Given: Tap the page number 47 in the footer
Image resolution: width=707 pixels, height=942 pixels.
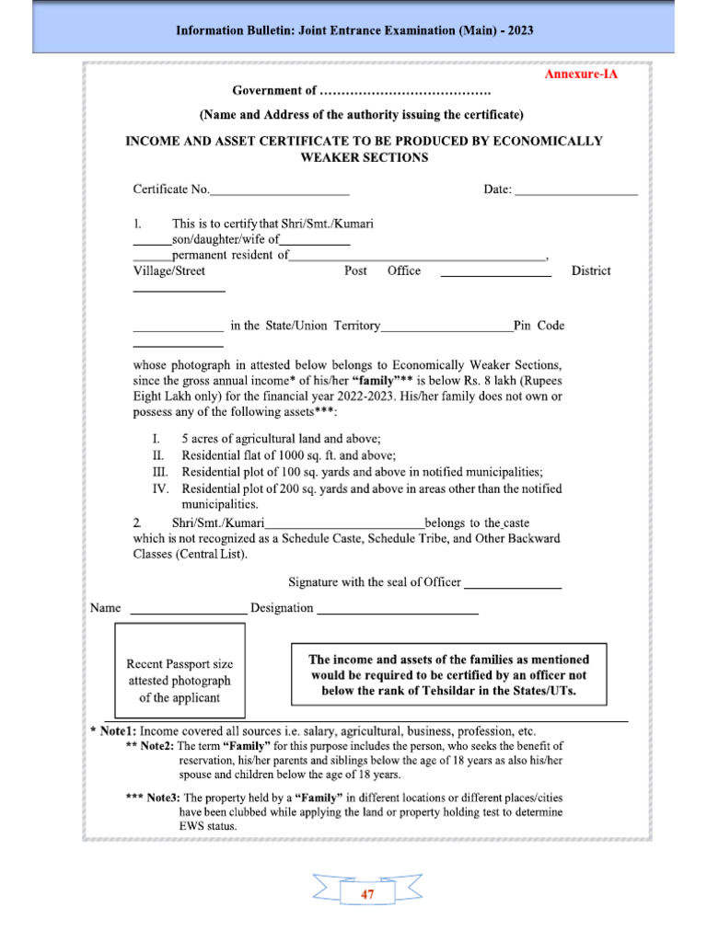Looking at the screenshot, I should tap(368, 894).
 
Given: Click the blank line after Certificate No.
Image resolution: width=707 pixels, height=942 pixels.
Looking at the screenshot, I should tap(280, 193).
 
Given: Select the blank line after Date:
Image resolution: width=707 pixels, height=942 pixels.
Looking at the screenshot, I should tap(575, 193).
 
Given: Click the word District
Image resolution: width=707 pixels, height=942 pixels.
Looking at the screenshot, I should tap(590, 270).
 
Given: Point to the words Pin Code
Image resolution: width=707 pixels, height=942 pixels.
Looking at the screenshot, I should tap(539, 326).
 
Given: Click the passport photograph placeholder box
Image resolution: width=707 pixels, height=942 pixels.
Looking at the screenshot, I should tap(180, 670).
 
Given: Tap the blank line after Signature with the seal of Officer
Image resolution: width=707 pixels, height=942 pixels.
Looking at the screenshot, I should tap(513, 586).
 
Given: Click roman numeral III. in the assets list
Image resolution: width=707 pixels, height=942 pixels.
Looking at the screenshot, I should tap(157, 472).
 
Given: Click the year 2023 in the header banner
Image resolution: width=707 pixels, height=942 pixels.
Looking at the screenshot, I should tap(517, 30).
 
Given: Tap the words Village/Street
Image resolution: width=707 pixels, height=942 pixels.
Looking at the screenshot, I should tap(169, 270).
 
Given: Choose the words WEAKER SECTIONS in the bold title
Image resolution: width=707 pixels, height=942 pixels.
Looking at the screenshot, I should tap(365, 157).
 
